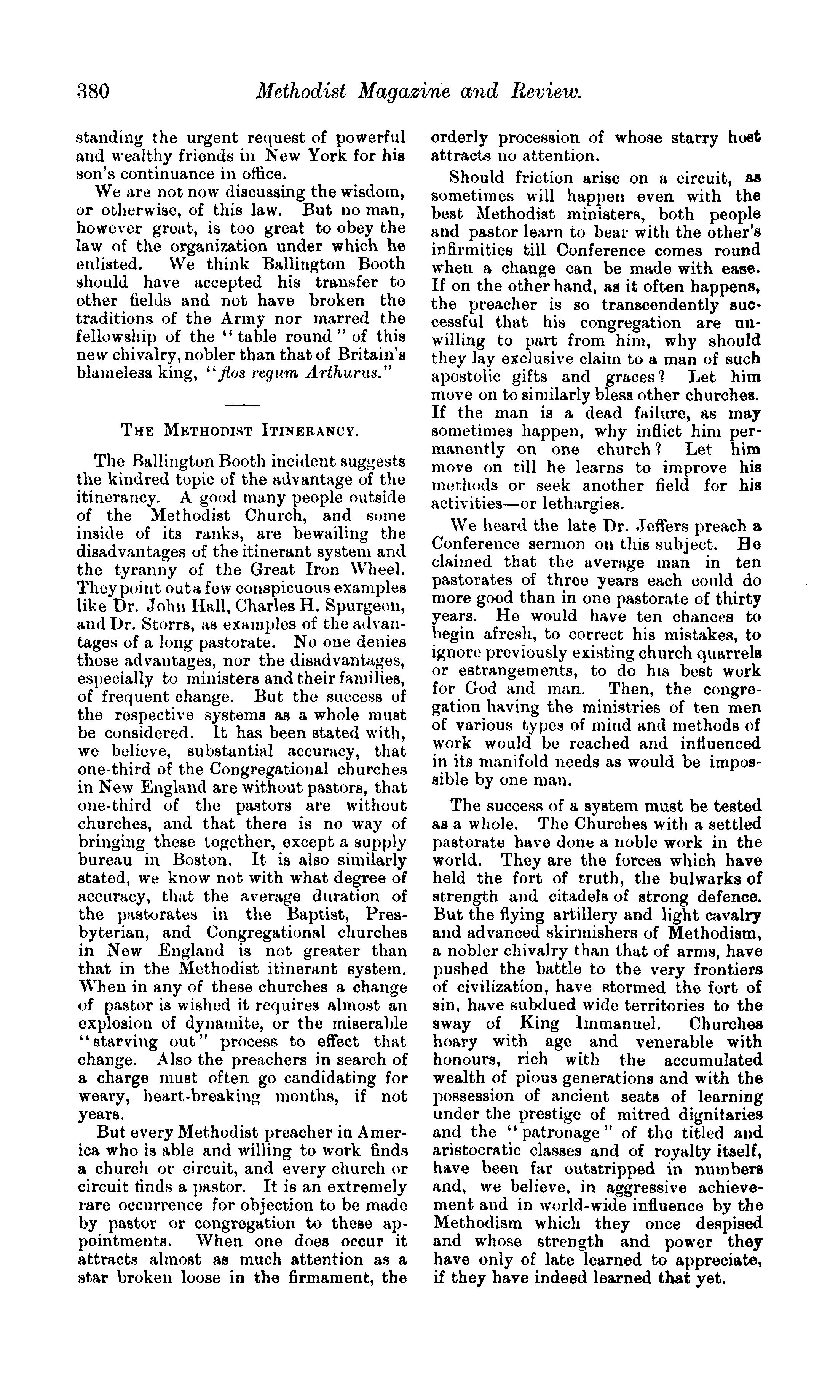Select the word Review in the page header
pyautogui.click(x=545, y=91)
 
